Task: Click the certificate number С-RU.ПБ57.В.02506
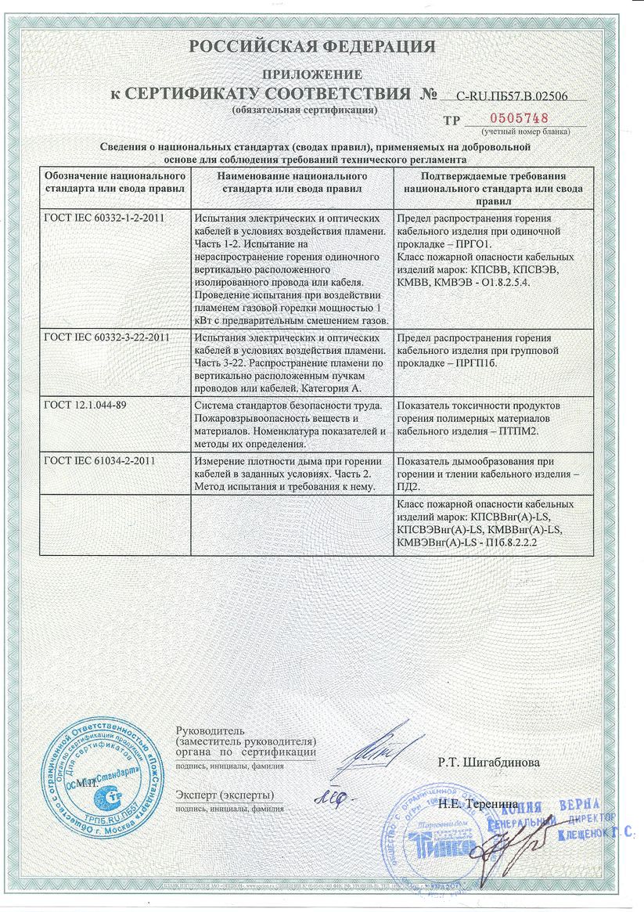coord(511,96)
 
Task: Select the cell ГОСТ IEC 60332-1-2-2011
coord(106,218)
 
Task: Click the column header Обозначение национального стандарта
coord(113,183)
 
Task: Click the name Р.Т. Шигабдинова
coord(488,761)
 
